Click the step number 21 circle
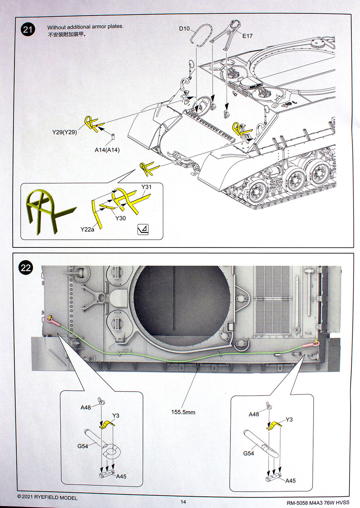28,29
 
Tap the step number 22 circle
26,268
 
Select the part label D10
184,28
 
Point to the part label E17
247,36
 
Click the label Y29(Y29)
65,132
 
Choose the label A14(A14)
107,150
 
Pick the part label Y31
146,187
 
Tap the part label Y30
120,218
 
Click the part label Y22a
87,229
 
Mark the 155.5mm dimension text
183,412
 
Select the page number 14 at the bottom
183,502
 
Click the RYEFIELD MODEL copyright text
48,497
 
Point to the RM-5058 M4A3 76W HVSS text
318,503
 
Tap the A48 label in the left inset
86,407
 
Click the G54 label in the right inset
249,453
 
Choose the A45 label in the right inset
290,480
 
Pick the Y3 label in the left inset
116,415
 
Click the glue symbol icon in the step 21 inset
143,229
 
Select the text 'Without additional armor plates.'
85,27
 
